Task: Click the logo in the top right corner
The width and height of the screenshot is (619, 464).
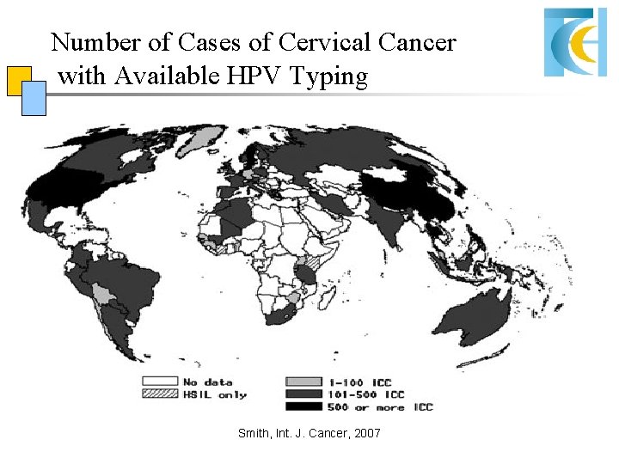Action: pos(575,40)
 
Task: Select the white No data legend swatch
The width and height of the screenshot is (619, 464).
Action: pos(159,382)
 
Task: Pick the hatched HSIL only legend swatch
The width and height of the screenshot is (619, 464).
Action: pos(159,394)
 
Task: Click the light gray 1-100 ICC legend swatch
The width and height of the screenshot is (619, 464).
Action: pos(302,382)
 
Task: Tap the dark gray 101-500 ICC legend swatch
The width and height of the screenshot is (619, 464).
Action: pos(302,394)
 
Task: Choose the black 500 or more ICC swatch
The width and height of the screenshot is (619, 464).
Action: pos(302,406)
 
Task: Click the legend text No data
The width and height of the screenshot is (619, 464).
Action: pos(207,382)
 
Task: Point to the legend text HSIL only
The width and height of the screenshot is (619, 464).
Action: pos(214,394)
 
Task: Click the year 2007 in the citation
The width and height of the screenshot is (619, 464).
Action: pos(365,434)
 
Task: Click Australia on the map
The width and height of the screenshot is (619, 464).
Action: pos(478,314)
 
